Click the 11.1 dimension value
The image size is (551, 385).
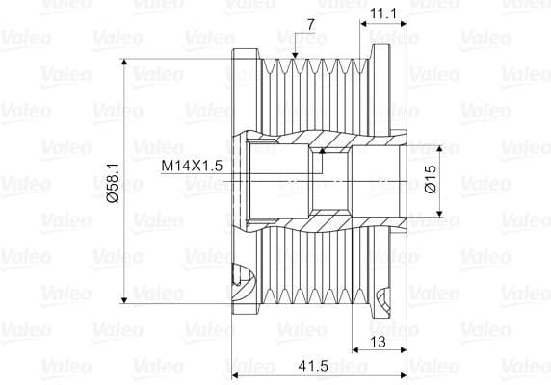pyautogui.click(x=383, y=13)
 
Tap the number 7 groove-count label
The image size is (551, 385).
pyautogui.click(x=310, y=25)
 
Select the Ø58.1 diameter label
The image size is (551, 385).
pyautogui.click(x=114, y=183)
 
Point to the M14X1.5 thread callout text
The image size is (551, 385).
pyautogui.click(x=192, y=166)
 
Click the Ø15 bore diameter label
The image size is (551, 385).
pyautogui.click(x=431, y=179)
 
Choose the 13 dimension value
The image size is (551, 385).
pyautogui.click(x=379, y=342)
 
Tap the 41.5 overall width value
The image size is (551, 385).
pyautogui.click(x=313, y=366)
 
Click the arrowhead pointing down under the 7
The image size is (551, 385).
pyautogui.click(x=295, y=55)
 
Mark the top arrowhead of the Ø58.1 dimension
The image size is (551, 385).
pyautogui.click(x=123, y=63)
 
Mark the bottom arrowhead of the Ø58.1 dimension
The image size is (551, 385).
pyautogui.click(x=123, y=300)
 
